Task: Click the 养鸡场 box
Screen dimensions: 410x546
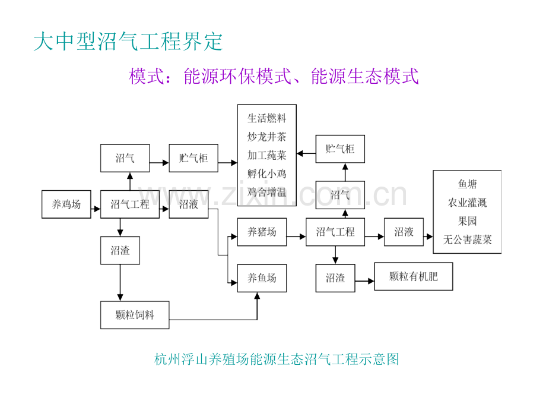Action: click(x=66, y=205)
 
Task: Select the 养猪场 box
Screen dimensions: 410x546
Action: click(x=262, y=232)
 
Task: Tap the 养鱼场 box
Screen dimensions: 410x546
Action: click(x=262, y=277)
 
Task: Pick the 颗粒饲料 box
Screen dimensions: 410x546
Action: click(x=135, y=315)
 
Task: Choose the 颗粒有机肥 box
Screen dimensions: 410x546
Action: click(x=413, y=276)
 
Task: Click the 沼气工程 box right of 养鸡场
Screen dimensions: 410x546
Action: click(x=130, y=205)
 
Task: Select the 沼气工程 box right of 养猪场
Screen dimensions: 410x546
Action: click(x=335, y=232)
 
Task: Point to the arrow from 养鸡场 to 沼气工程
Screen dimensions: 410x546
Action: click(x=96, y=205)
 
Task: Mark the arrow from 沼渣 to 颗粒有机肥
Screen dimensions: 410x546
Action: click(x=364, y=277)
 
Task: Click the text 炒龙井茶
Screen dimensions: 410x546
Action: click(x=266, y=137)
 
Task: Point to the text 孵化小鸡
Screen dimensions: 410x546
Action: click(x=266, y=174)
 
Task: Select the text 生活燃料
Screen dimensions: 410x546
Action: click(x=266, y=118)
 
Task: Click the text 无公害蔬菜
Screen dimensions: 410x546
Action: click(x=467, y=240)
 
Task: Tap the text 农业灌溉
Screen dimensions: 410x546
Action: click(x=467, y=203)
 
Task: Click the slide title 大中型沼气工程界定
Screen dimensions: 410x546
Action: click(x=128, y=42)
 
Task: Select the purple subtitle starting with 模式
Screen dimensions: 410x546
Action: click(x=274, y=76)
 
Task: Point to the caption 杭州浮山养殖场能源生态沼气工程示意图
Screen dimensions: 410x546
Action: click(x=277, y=359)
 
